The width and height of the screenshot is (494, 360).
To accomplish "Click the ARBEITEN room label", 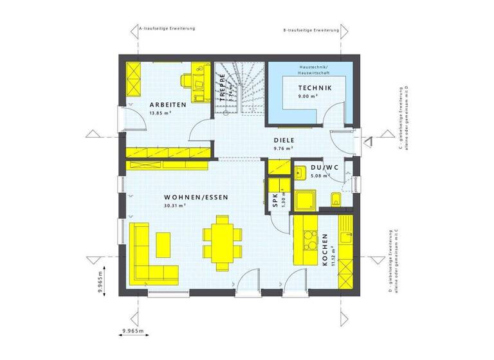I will [168, 104].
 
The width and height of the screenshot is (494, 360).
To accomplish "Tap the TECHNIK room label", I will [315, 88].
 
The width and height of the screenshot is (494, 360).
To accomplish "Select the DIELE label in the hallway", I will [284, 139].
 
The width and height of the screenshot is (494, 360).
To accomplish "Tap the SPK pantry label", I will [273, 199].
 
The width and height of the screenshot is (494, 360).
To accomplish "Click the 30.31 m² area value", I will [175, 206].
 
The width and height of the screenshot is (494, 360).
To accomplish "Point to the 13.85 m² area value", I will [161, 113].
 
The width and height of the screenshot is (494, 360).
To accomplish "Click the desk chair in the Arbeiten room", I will [187, 80].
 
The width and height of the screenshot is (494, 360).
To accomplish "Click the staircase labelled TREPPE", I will [239, 90].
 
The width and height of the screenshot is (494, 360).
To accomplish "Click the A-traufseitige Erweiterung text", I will [167, 29].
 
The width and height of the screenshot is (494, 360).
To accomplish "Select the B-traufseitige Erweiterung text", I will [311, 30].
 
